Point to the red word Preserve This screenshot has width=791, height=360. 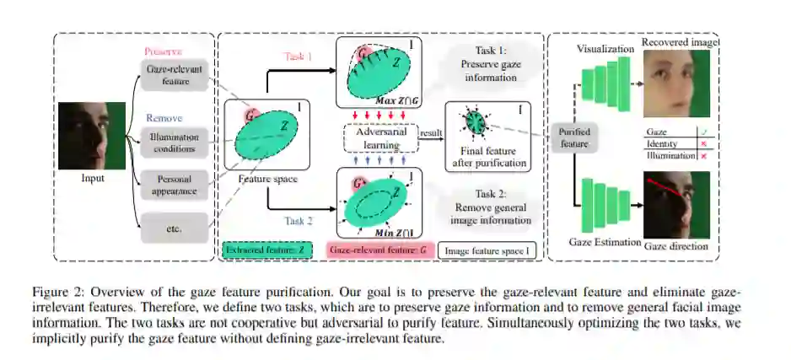164,51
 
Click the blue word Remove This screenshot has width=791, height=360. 164,118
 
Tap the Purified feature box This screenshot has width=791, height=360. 574,137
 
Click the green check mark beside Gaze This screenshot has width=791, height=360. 703,132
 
